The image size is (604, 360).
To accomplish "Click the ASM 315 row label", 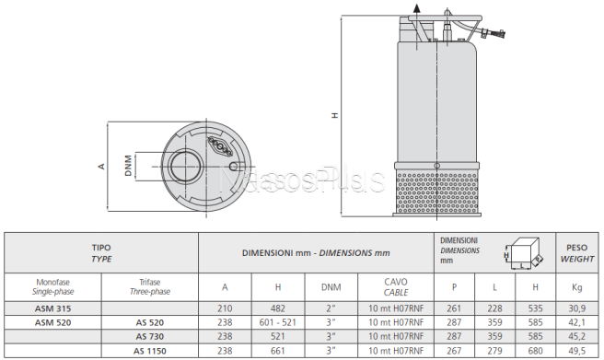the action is pyautogui.click(x=52, y=308).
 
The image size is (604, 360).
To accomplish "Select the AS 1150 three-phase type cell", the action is pyautogui.click(x=150, y=351).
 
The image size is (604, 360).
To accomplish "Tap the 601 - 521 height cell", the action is pyautogui.click(x=278, y=322).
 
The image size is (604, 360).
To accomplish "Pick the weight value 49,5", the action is pyautogui.click(x=576, y=351).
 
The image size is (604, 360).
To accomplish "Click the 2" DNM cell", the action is pyautogui.click(x=331, y=308).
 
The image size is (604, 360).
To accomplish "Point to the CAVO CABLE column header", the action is pyautogui.click(x=396, y=287).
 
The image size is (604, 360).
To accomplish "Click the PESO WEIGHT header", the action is pyautogui.click(x=576, y=253).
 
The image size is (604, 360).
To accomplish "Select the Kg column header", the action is pyautogui.click(x=576, y=287).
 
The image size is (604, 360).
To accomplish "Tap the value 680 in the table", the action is pyautogui.click(x=536, y=351).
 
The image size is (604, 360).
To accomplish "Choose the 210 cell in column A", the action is pyautogui.click(x=225, y=308).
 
